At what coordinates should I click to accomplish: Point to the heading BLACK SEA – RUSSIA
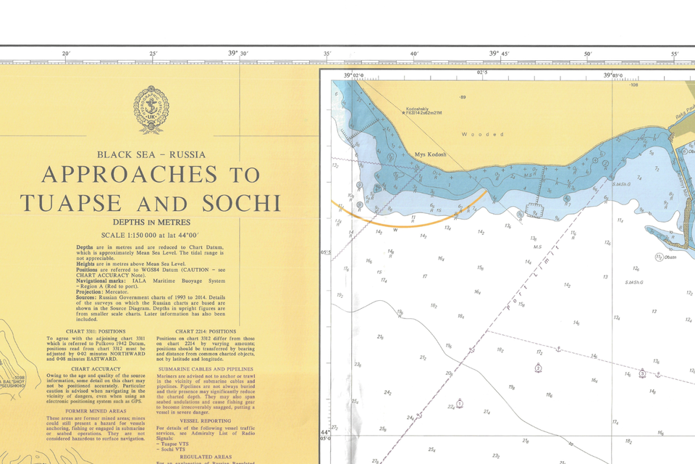click(151, 154)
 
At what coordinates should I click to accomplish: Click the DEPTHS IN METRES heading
click(151, 223)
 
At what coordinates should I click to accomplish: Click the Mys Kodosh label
click(431, 155)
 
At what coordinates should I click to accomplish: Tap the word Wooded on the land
click(483, 134)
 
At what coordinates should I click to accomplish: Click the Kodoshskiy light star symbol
click(407, 113)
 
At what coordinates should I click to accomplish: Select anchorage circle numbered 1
click(460, 403)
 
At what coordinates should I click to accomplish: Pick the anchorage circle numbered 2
click(538, 368)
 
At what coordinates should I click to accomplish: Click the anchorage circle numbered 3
click(641, 373)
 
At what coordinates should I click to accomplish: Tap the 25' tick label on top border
click(153, 54)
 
